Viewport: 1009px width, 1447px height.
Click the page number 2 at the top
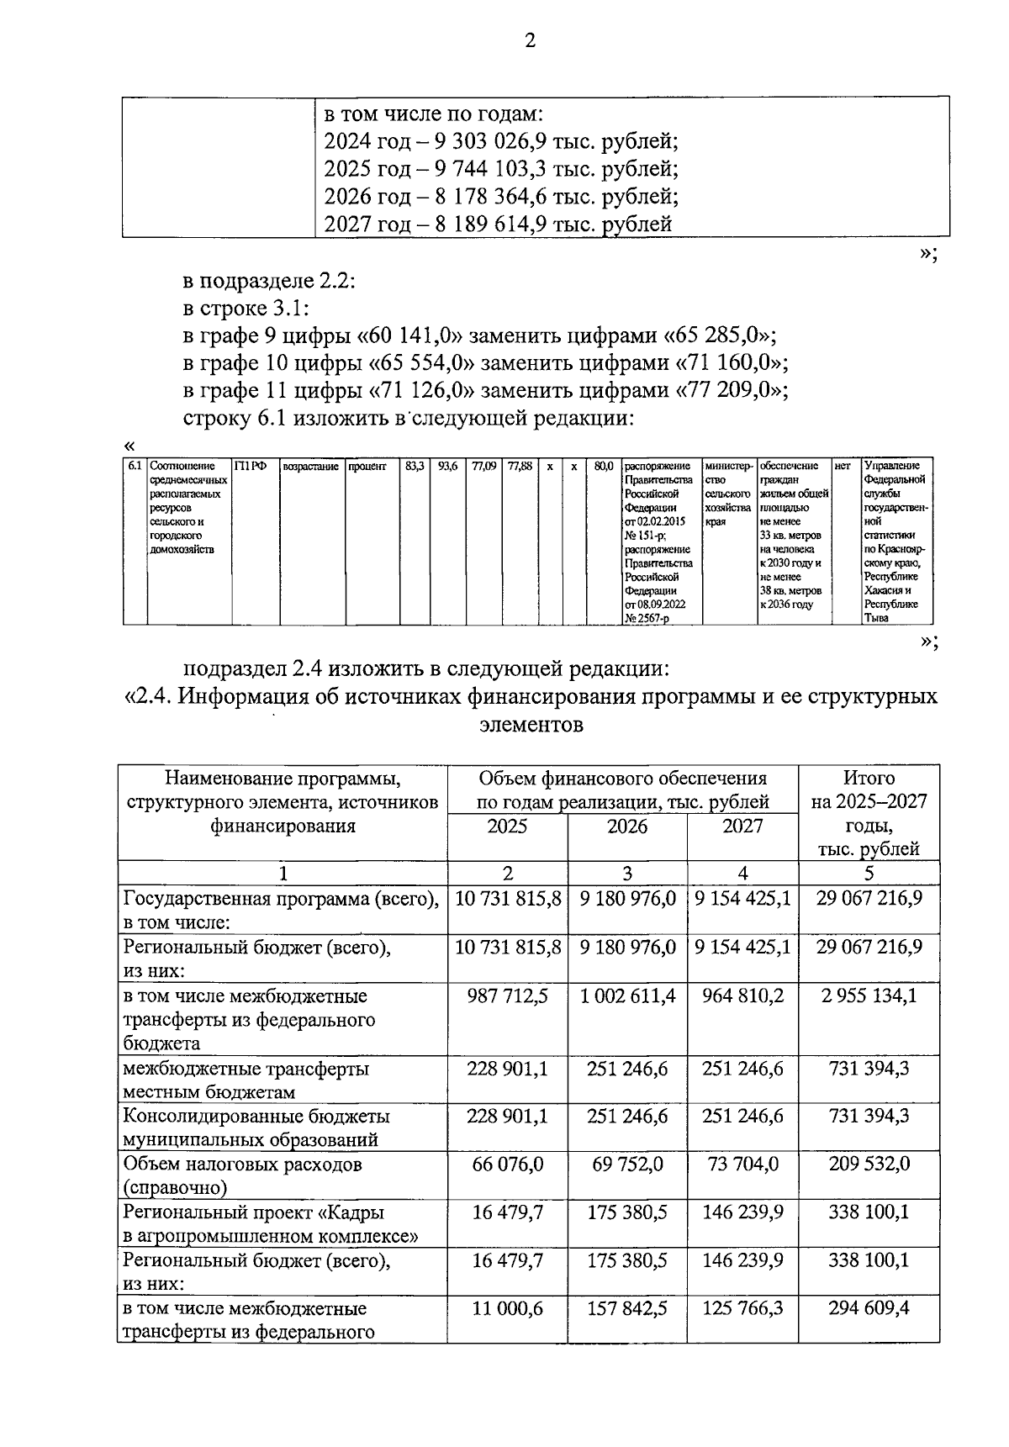[530, 40]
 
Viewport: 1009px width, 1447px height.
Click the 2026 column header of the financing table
[627, 826]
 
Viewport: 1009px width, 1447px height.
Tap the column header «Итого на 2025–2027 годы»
[869, 813]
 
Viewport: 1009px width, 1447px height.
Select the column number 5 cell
[869, 873]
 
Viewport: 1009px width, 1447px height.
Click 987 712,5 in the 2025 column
[507, 996]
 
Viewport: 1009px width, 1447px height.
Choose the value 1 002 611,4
[627, 996]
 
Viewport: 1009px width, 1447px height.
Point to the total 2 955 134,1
[869, 996]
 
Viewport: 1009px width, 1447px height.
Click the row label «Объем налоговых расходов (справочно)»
[242, 1175]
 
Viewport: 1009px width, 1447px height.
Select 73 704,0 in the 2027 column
[742, 1164]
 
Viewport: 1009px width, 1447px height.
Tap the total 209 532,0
[869, 1164]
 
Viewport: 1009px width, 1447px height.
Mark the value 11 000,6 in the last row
[507, 1309]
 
